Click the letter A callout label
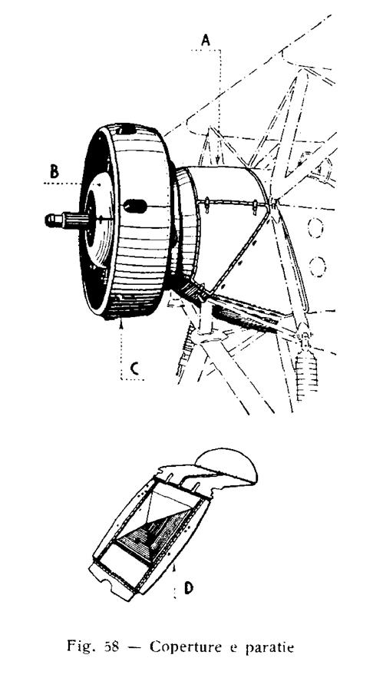205,40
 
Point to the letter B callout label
54,171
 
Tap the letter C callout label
136,369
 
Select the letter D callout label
189,587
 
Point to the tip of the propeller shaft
47,220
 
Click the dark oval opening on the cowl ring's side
136,206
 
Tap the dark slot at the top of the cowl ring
128,130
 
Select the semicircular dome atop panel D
226,464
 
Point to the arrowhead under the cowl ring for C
121,324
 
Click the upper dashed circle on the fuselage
315,228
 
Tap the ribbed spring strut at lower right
306,369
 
